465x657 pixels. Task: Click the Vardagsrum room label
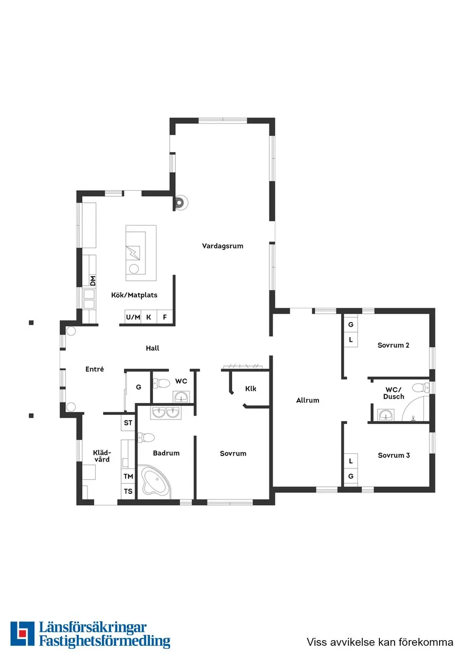223,245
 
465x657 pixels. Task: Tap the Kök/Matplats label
134,294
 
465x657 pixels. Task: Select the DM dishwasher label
93,280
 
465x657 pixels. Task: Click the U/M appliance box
133,318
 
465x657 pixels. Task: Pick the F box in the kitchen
165,318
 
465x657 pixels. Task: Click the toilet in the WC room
162,383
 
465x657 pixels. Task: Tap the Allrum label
308,400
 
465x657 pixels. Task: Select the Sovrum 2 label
393,345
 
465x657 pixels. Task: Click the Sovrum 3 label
394,455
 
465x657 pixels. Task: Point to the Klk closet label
251,388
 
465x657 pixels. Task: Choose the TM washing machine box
129,476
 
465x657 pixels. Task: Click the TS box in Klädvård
129,491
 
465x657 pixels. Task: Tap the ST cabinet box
129,422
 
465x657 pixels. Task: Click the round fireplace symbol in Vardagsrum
181,202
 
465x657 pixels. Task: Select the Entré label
95,369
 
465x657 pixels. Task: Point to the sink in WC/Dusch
386,415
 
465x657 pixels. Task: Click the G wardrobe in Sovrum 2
351,325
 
